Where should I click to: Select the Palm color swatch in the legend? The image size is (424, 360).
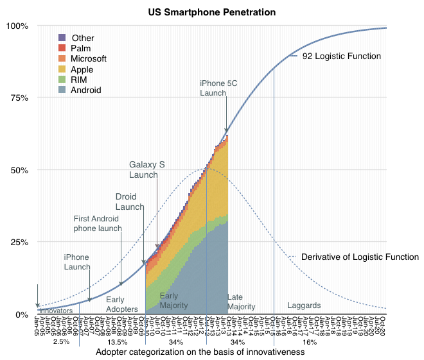(x=62, y=49)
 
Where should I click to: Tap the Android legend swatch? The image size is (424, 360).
(x=62, y=90)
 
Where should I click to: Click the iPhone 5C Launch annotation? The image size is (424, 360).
(x=221, y=88)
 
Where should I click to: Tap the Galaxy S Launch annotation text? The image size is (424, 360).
(x=147, y=169)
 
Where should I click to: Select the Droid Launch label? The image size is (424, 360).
(x=129, y=201)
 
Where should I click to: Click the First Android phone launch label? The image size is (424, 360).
(x=96, y=223)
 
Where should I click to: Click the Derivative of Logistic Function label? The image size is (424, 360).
(x=358, y=257)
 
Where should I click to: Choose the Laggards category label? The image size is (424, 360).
(x=304, y=305)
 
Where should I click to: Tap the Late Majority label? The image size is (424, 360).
(x=241, y=302)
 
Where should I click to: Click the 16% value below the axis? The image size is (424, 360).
(x=309, y=342)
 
